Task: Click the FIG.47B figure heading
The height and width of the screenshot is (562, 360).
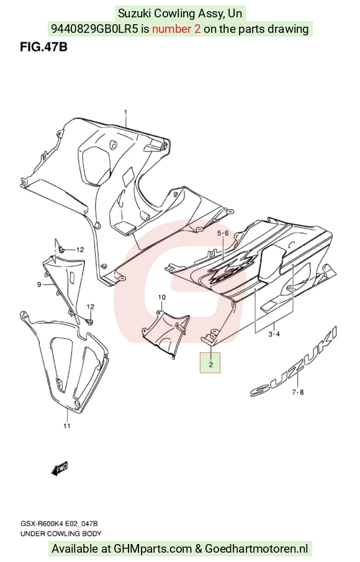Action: click(43, 47)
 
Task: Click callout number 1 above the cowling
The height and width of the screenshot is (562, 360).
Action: click(125, 112)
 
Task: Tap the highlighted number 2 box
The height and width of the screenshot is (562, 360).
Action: click(210, 362)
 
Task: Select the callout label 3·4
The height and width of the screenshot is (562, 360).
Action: click(274, 334)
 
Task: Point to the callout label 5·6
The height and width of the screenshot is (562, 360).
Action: click(222, 233)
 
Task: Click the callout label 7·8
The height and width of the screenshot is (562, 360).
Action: click(297, 392)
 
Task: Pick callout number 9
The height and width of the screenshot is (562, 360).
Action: click(39, 285)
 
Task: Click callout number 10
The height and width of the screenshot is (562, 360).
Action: click(162, 297)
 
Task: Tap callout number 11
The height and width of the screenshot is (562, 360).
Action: click(66, 426)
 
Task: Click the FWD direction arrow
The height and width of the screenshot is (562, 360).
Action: click(59, 468)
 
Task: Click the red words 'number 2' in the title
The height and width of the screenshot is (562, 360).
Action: click(176, 29)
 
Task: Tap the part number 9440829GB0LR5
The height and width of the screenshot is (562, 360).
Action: click(94, 29)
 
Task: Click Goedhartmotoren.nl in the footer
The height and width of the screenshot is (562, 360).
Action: click(256, 548)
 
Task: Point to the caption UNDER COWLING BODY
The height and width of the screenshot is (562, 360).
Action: click(61, 533)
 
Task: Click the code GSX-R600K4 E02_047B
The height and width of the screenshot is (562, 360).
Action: click(59, 524)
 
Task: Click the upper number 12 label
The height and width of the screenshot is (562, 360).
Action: click(79, 249)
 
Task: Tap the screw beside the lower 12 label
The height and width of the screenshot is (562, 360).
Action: click(89, 321)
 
